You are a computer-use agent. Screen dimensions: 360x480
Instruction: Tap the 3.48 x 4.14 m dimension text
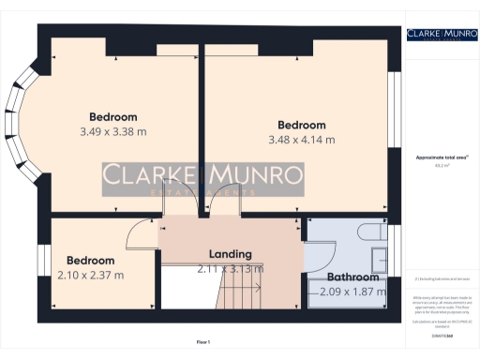pyautogui.click(x=301, y=140)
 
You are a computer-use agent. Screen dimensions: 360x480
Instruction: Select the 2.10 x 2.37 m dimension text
pyautogui.click(x=90, y=275)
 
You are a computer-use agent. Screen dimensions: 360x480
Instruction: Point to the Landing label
pyautogui.click(x=230, y=254)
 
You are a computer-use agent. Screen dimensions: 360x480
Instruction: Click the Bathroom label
pyautogui.click(x=352, y=277)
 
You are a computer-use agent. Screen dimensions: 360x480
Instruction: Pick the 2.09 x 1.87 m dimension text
pyautogui.click(x=352, y=292)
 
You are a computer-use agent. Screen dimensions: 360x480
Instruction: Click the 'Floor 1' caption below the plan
pyautogui.click(x=203, y=341)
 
